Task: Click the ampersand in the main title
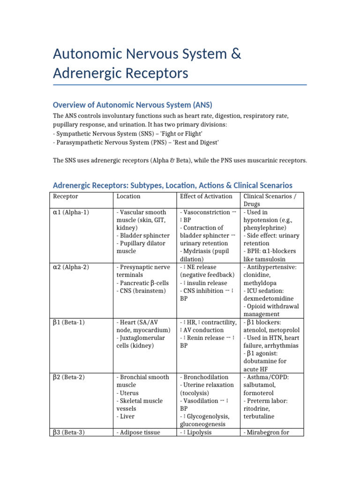click(236, 54)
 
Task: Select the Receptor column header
click(66, 196)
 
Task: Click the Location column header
click(128, 196)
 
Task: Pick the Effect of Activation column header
click(206, 196)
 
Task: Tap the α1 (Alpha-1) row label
click(71, 212)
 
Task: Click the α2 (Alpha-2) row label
click(71, 267)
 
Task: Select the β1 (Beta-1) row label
click(69, 322)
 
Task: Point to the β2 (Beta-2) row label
click(69, 377)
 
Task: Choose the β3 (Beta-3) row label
click(69, 432)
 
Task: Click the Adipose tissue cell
click(138, 433)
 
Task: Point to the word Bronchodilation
click(206, 377)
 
